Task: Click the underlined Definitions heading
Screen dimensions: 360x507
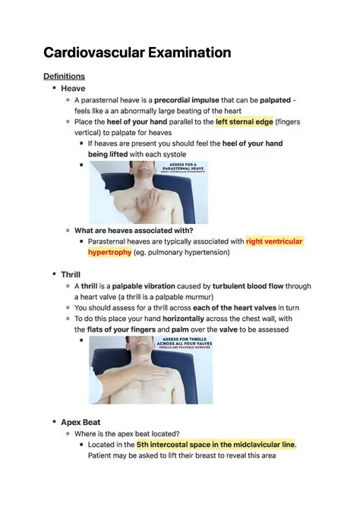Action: coord(64,76)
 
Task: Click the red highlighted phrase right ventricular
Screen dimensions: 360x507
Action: coord(273,241)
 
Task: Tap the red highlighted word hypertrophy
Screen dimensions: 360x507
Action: coord(109,252)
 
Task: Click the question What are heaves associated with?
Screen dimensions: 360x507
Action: coord(134,230)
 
